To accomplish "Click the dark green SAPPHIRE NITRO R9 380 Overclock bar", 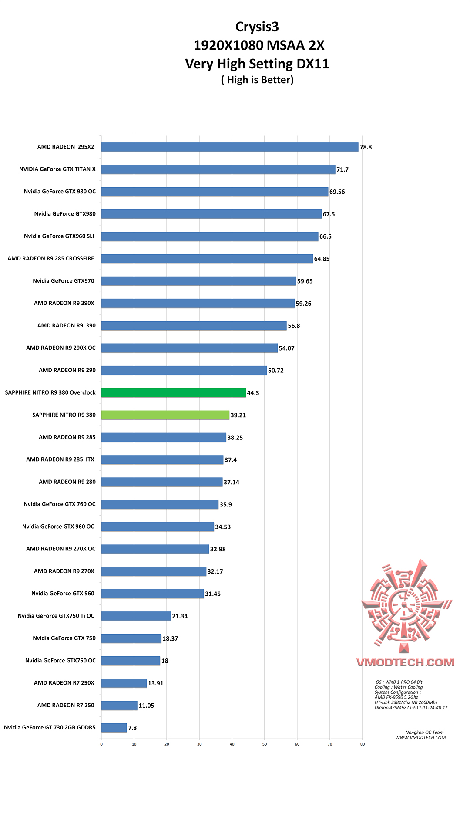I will pos(174,393).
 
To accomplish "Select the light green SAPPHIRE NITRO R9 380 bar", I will pos(165,415).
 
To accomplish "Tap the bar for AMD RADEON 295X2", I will pos(230,147).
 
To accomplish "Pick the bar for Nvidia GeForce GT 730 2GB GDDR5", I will pos(114,728).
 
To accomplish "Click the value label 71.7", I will pos(342,169).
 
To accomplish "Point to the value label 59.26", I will pos(303,304).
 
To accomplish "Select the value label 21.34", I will pos(180,616).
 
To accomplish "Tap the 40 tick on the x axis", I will pos(232,744).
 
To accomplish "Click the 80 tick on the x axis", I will pos(363,744).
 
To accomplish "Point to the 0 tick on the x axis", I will pos(101,744).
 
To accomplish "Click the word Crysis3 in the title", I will pos(257,27).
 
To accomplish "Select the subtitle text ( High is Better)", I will pos(257,80).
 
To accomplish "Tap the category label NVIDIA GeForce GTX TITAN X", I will pos(57,169).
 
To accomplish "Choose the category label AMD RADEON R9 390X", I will pos(64,303).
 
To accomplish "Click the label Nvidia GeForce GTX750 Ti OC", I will pos(56,616).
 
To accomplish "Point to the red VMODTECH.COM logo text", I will pos(405,662).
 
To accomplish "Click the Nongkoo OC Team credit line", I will pos(424,733).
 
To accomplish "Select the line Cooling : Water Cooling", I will pos(399,687).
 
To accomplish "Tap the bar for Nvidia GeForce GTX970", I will pos(198,281).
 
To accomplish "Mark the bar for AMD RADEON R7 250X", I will pos(124,683).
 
